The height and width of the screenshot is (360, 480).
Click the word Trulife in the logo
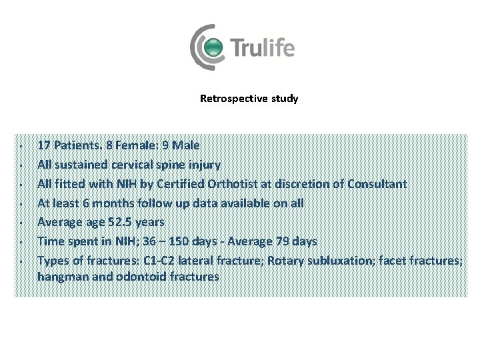click(262, 49)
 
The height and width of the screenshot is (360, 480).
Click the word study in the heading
click(285, 99)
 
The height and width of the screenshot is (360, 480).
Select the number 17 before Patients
click(45, 145)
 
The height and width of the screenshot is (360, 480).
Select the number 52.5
click(125, 222)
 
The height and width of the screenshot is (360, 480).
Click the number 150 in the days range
click(177, 241)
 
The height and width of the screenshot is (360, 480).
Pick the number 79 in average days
click(280, 241)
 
